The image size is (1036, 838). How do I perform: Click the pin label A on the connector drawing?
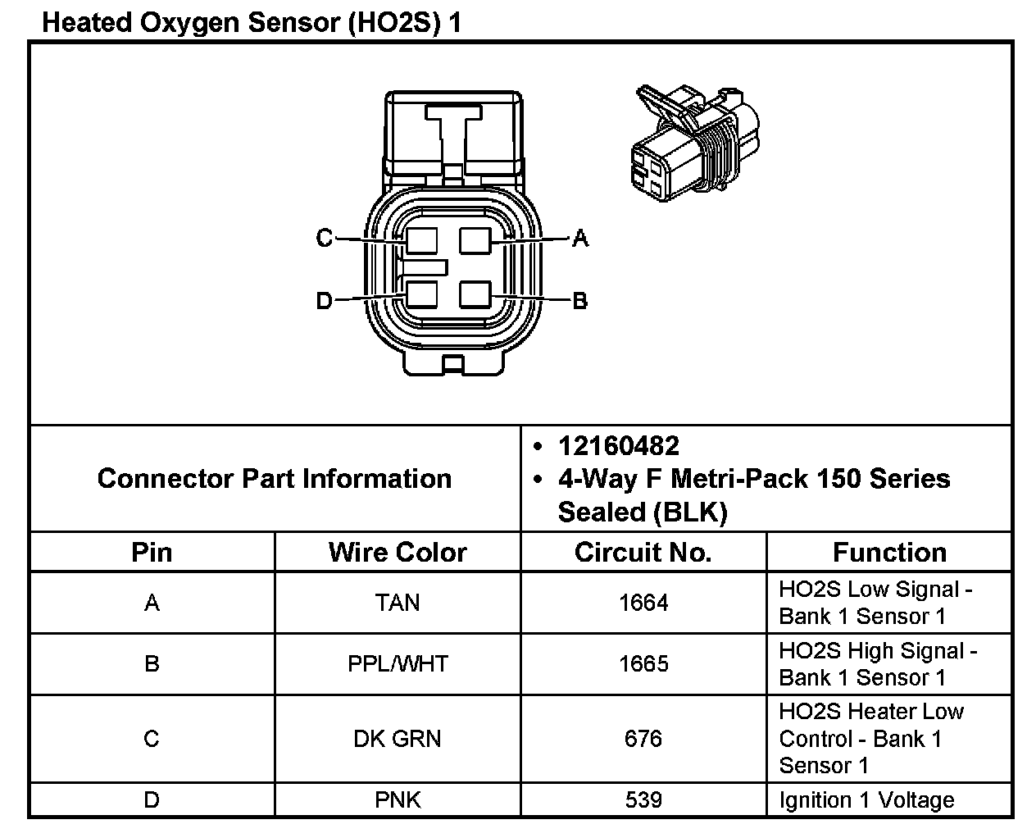(580, 239)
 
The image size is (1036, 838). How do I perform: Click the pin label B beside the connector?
(579, 300)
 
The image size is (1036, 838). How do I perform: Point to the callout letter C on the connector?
(325, 238)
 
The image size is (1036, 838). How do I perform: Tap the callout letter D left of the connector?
(324, 300)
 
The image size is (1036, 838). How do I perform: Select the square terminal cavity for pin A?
(475, 241)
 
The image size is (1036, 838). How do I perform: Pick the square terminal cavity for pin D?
(421, 295)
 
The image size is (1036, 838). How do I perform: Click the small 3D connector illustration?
(694, 143)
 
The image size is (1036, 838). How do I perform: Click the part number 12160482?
(618, 446)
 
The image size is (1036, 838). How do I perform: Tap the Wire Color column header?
(398, 553)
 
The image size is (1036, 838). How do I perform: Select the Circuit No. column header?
(643, 553)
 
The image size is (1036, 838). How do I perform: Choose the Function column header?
(889, 553)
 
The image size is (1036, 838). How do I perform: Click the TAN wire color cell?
(398, 603)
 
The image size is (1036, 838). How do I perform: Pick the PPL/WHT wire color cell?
(398, 664)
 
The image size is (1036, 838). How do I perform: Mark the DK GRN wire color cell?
(398, 739)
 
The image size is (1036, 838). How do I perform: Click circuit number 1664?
(643, 603)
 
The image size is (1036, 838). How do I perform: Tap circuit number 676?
(643, 739)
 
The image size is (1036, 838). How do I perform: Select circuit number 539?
(643, 799)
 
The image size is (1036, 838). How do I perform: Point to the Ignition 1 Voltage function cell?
(866, 800)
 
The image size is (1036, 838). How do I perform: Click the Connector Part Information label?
(275, 478)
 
